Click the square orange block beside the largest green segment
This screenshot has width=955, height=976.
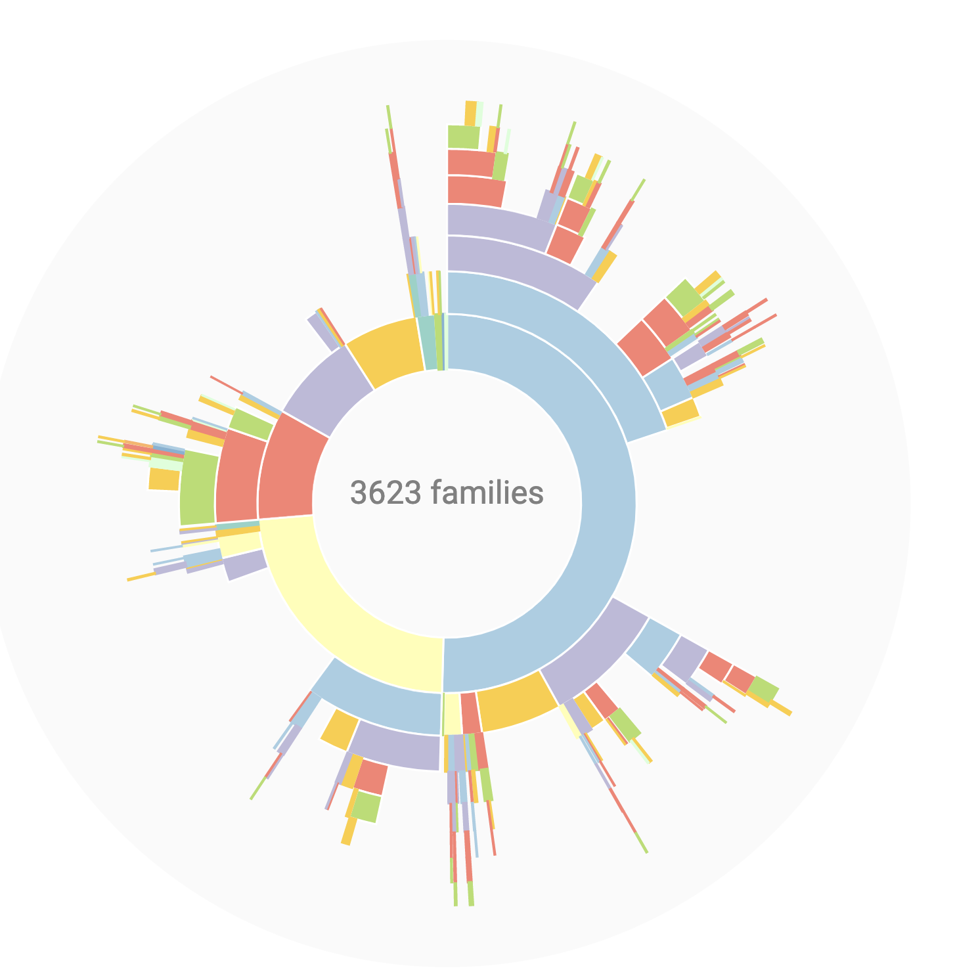pyautogui.click(x=164, y=479)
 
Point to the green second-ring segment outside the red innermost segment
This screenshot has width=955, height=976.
pyautogui.click(x=252, y=424)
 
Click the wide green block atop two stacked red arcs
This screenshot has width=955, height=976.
pyautogui.click(x=464, y=137)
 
